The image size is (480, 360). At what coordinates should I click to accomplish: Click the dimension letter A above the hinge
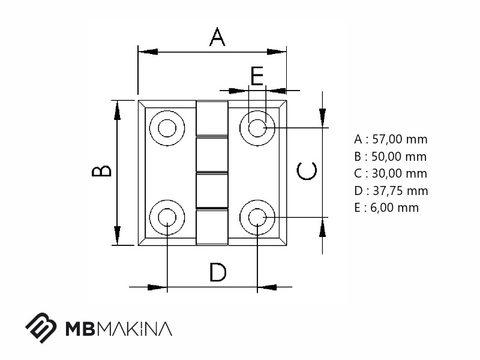[217, 37]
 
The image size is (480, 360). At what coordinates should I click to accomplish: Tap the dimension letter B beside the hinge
[101, 171]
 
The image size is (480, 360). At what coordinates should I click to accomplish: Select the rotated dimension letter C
[307, 171]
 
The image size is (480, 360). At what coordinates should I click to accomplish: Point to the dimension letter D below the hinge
[218, 272]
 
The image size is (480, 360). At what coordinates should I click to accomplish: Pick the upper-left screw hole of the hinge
[167, 128]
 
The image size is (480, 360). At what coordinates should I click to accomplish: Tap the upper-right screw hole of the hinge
[257, 128]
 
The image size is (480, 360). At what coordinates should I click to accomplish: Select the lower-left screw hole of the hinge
[167, 217]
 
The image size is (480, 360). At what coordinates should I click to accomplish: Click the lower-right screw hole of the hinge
[257, 217]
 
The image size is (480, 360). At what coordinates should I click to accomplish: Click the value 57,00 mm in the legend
[400, 139]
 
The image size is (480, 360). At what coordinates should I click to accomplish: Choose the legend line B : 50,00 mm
[391, 157]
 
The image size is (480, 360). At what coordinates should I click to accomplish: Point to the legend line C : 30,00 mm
[391, 173]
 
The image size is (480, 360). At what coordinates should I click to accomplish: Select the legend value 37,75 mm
[400, 191]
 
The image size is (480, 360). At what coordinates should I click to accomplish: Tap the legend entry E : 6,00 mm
[386, 208]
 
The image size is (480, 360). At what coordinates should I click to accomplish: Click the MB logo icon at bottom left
[41, 328]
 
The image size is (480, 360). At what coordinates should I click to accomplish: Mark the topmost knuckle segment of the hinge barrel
[212, 118]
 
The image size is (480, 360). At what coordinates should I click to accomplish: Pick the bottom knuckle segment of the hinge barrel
[212, 227]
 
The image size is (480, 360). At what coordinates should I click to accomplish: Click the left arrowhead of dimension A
[148, 52]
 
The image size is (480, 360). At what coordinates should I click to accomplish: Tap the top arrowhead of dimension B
[117, 110]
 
